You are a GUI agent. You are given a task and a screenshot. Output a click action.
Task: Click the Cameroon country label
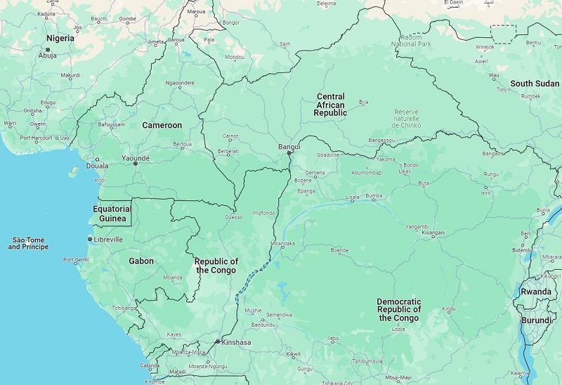pyautogui.click(x=162, y=125)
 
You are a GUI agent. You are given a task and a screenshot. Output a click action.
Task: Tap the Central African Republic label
pyautogui.click(x=330, y=105)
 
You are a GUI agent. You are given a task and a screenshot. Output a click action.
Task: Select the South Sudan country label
pyautogui.click(x=535, y=84)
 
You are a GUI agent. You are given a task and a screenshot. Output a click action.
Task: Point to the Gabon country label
pyautogui.click(x=141, y=261)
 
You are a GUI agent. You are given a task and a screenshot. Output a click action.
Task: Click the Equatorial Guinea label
pyautogui.click(x=112, y=214)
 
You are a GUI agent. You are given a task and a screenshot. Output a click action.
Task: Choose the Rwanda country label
pyautogui.click(x=535, y=292)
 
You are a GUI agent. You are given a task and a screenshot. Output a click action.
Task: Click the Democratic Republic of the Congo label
pyautogui.click(x=399, y=310)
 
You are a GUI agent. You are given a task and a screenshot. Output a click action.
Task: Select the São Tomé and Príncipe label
pyautogui.click(x=28, y=243)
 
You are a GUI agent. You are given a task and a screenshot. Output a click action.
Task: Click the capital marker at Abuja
pyautogui.click(x=48, y=50)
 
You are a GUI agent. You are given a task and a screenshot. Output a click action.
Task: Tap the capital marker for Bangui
pyautogui.click(x=289, y=153)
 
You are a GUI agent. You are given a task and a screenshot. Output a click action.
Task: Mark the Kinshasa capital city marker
pyautogui.click(x=218, y=342)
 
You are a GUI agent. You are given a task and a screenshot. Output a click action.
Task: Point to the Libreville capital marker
pyautogui.click(x=90, y=240)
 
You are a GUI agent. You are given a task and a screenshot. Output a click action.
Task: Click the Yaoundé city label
pyautogui.click(x=136, y=159)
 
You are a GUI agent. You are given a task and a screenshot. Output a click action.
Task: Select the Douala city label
pyautogui.click(x=97, y=167)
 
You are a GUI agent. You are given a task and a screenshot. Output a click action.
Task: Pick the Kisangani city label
pyautogui.click(x=433, y=233)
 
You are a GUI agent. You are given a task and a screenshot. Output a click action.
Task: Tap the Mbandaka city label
pyautogui.click(x=282, y=244)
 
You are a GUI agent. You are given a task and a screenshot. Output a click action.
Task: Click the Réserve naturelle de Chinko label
pyautogui.click(x=406, y=119)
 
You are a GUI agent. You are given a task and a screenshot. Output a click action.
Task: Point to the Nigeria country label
pyautogui.click(x=60, y=38)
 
